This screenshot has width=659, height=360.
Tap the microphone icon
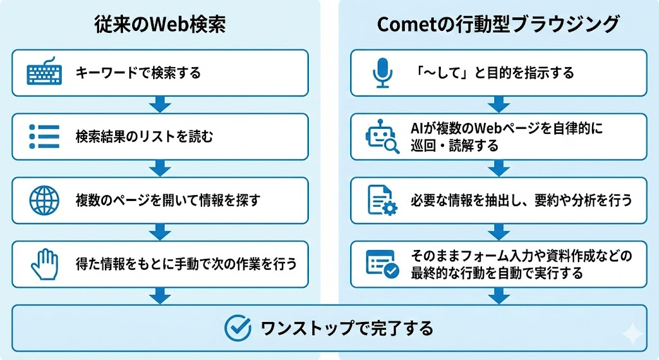[382, 73]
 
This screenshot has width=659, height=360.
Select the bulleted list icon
[44, 137]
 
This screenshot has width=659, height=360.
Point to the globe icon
[44, 200]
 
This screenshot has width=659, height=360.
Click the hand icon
[44, 264]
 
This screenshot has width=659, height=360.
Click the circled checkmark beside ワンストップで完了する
[237, 328]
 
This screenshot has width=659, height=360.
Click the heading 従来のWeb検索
[160, 24]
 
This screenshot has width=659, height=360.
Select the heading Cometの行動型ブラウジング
[498, 24]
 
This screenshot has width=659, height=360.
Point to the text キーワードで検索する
[138, 73]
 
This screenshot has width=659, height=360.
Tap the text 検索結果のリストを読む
[145, 137]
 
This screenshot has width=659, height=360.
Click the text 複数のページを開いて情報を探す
[168, 200]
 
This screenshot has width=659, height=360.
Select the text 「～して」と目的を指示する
[494, 73]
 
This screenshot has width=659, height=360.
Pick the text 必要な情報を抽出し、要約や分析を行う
[521, 200]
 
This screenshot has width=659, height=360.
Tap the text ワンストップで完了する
[347, 328]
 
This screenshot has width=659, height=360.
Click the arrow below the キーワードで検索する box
[160, 104]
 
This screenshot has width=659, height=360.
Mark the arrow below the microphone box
[499, 104]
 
